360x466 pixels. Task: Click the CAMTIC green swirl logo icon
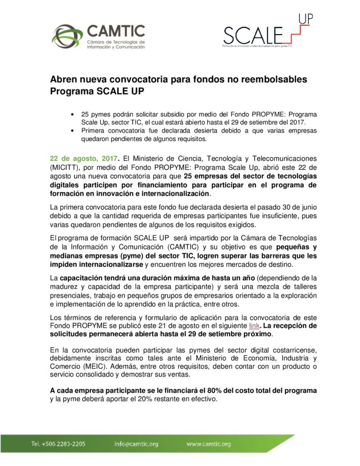66,36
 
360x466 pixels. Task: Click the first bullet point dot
72,114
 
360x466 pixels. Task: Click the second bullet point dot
72,131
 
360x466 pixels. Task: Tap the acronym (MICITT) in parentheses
65,167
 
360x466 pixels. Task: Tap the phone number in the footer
58,444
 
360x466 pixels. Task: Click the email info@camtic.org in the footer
137,444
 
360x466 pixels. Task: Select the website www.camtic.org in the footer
208,444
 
